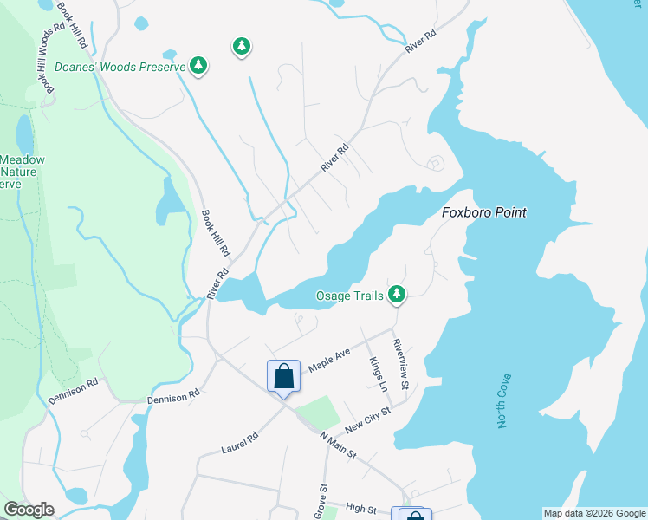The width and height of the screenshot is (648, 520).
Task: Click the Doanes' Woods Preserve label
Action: click(x=120, y=66)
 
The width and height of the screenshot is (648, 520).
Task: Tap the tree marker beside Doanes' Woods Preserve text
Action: click(x=199, y=66)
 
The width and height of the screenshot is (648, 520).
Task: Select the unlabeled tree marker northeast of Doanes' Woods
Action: click(x=242, y=46)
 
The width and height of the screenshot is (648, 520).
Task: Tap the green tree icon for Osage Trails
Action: click(x=397, y=296)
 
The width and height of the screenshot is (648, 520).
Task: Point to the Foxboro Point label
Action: click(x=484, y=212)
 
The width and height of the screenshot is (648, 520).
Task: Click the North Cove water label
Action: click(x=503, y=400)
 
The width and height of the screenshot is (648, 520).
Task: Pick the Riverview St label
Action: click(x=399, y=363)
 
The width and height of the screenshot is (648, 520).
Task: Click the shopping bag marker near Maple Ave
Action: click(x=283, y=377)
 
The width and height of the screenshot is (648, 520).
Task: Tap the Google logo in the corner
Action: click(x=29, y=510)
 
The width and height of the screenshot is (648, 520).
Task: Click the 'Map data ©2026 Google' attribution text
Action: click(x=595, y=513)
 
